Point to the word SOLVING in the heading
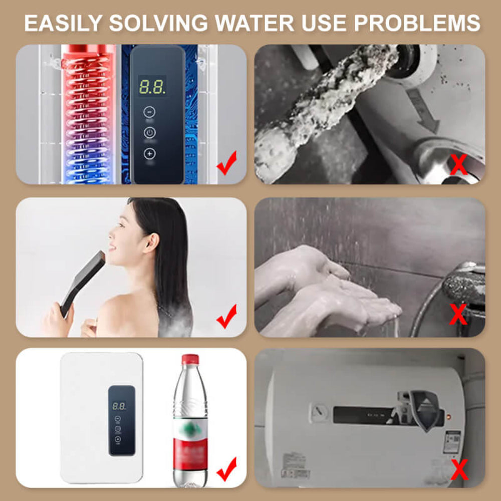[x=159, y=23]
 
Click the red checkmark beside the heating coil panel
[x=226, y=165]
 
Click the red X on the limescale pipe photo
[x=458, y=165]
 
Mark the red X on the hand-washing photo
[x=458, y=315]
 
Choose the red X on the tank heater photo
[x=459, y=469]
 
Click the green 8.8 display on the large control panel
[x=152, y=87]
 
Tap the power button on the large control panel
[x=150, y=133]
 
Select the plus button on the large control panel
[x=150, y=154]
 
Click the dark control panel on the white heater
[x=121, y=420]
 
